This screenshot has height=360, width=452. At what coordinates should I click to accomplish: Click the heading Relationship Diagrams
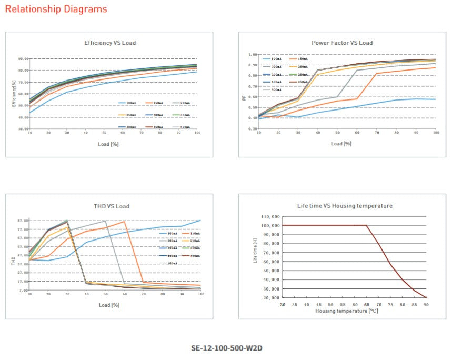click(56, 9)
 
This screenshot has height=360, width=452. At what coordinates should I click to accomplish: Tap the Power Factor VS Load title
click(341, 43)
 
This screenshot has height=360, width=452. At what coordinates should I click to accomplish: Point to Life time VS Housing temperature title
click(345, 206)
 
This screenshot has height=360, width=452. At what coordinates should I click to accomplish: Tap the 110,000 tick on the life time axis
click(268, 216)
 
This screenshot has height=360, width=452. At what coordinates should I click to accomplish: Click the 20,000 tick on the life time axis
click(269, 298)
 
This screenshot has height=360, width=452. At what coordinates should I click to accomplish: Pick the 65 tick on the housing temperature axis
click(366, 305)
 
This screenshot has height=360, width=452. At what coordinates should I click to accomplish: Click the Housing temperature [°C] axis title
click(346, 311)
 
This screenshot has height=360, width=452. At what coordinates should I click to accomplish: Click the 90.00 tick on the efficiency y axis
click(23, 59)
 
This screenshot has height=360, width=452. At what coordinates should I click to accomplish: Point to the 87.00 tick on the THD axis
click(23, 221)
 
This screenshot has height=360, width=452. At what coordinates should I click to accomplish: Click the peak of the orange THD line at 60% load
click(124, 222)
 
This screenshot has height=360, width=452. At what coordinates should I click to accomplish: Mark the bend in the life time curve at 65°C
click(366, 225)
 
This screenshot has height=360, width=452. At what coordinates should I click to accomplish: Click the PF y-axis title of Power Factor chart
click(243, 97)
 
